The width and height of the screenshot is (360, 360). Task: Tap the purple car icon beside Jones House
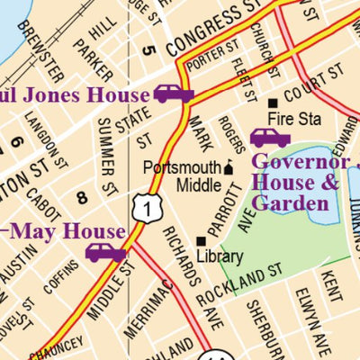(174, 94)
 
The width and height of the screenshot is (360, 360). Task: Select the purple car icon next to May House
(105, 252)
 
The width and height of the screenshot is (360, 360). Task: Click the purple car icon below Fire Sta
(270, 138)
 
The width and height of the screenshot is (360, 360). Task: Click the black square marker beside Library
(201, 240)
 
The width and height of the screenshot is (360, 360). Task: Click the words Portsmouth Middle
(184, 176)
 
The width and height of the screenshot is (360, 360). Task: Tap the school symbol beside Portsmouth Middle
(228, 167)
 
